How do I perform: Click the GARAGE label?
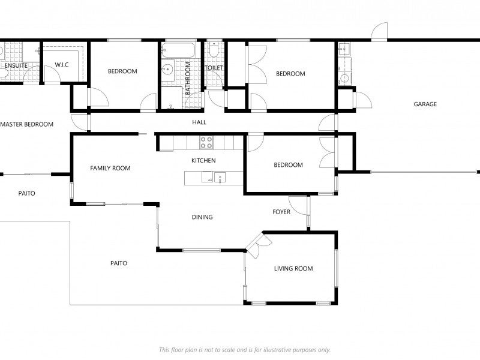coord(425,104)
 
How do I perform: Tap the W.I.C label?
coord(62,65)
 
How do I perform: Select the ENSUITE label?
coord(15,65)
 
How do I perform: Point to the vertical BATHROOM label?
coord(188,79)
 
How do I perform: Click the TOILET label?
coord(214,68)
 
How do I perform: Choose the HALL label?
coord(199,122)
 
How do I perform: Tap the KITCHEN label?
coord(203,161)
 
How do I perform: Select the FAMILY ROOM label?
coord(110,169)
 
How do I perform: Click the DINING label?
coord(202,217)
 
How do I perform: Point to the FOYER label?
coord(281,212)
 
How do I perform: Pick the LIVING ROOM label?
coord(293,269)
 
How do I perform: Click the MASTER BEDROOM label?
coord(27,125)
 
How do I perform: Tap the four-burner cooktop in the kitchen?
coord(206,142)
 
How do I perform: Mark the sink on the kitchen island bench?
coord(220,177)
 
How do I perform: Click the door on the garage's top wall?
coord(379,32)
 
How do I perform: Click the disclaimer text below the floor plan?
coord(244,350)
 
